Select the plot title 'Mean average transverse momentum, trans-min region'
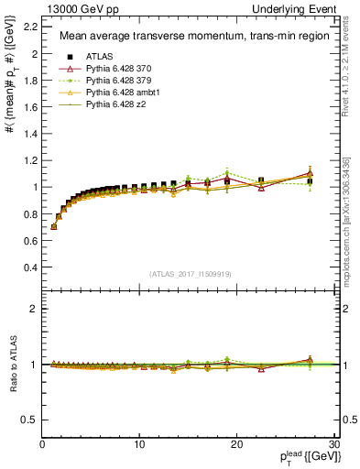point(188,37)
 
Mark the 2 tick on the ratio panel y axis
point(34,309)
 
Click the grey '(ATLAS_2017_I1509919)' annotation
point(189,273)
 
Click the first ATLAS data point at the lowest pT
point(54,225)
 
